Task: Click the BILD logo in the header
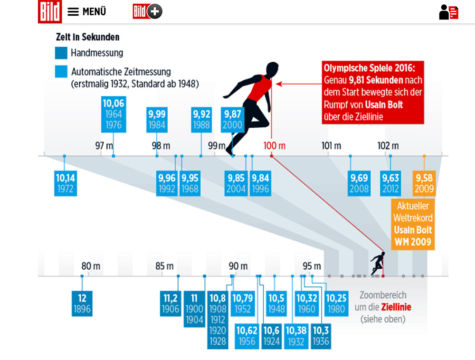[50, 11]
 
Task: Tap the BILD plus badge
[147, 11]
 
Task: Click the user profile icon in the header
[448, 12]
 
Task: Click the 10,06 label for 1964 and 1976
[113, 114]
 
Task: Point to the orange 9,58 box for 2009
[424, 183]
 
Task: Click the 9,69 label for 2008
[359, 183]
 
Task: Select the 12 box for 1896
[82, 304]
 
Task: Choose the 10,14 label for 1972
[65, 183]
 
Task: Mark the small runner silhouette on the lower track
[378, 264]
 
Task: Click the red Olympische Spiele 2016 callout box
[372, 92]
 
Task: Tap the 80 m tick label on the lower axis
[91, 266]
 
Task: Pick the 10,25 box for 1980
[336, 304]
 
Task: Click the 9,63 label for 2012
[390, 183]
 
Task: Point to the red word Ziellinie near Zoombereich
[396, 307]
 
